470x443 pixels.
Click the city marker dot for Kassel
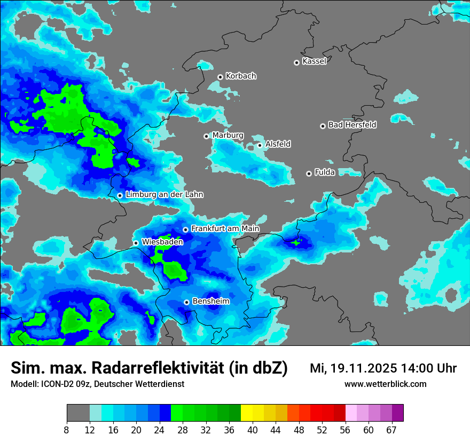tap(296, 62)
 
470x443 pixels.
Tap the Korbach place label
tap(241, 76)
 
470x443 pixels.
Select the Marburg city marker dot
tap(206, 136)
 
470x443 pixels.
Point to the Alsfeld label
tap(278, 144)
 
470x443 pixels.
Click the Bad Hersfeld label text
tap(352, 125)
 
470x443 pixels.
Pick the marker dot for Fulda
tap(309, 173)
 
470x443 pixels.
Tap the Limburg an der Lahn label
tap(164, 195)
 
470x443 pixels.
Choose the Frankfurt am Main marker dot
tap(185, 230)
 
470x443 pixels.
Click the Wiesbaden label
tap(162, 242)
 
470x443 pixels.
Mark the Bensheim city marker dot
tap(186, 302)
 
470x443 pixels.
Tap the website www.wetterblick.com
tap(385, 384)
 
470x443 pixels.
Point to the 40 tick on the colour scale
tap(252, 430)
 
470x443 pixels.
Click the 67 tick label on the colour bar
tap(391, 430)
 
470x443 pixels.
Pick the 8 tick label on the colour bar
tap(67, 430)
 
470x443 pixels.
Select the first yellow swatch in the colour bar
tap(247, 413)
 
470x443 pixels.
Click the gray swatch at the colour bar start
tap(78, 413)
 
